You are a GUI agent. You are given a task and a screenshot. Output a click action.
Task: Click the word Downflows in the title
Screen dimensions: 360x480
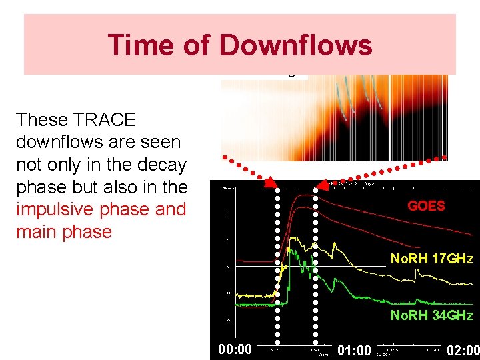295,45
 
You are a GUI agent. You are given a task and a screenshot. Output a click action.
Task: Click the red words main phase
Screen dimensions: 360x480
64,232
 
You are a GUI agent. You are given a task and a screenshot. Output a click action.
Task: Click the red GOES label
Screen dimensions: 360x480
426,205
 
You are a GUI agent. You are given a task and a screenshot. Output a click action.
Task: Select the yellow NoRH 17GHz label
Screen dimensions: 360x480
431,259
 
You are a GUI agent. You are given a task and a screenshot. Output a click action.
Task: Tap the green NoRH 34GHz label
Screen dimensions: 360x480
431,315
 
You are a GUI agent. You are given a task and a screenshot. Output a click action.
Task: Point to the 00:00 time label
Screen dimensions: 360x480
235,349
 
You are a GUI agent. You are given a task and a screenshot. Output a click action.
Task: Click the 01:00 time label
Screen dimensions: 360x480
354,350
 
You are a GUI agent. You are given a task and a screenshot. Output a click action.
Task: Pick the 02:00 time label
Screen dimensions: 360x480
463,350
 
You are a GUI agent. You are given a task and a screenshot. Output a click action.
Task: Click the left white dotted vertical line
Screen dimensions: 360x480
278,267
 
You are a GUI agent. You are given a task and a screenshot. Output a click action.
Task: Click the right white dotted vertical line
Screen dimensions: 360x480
315,267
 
